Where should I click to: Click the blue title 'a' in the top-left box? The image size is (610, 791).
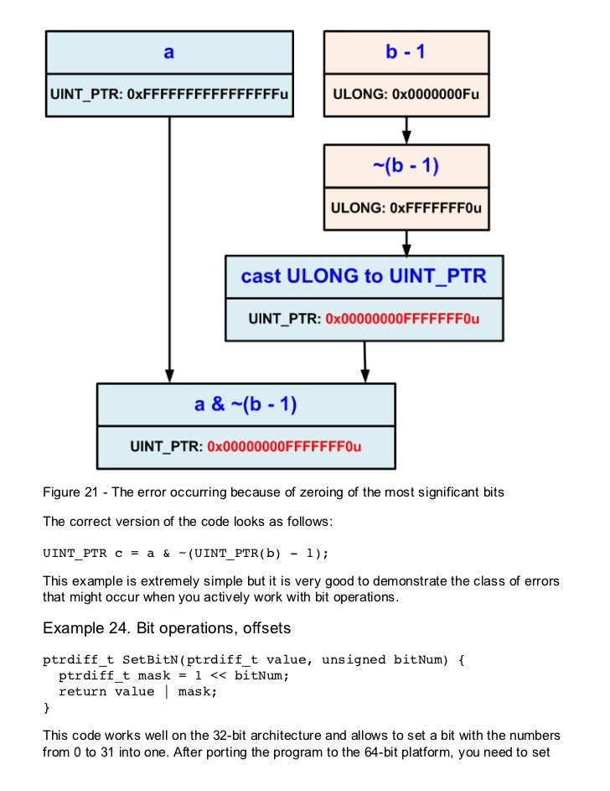click(169, 53)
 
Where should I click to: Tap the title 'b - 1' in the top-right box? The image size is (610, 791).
click(406, 53)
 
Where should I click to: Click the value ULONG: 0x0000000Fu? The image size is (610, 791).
click(406, 95)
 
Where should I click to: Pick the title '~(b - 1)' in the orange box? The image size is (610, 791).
click(406, 166)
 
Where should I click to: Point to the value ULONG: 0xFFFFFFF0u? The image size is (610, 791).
click(406, 208)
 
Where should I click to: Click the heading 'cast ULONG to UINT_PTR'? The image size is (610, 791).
click(364, 276)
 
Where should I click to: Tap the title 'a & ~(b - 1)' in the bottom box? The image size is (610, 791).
click(246, 404)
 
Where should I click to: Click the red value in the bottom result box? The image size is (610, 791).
click(283, 446)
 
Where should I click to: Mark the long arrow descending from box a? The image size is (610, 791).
click(170, 252)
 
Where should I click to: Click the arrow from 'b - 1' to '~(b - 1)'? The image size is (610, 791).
click(406, 130)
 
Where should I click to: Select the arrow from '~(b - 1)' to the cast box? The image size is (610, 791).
click(406, 242)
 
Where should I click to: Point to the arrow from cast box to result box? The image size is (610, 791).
click(364, 362)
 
